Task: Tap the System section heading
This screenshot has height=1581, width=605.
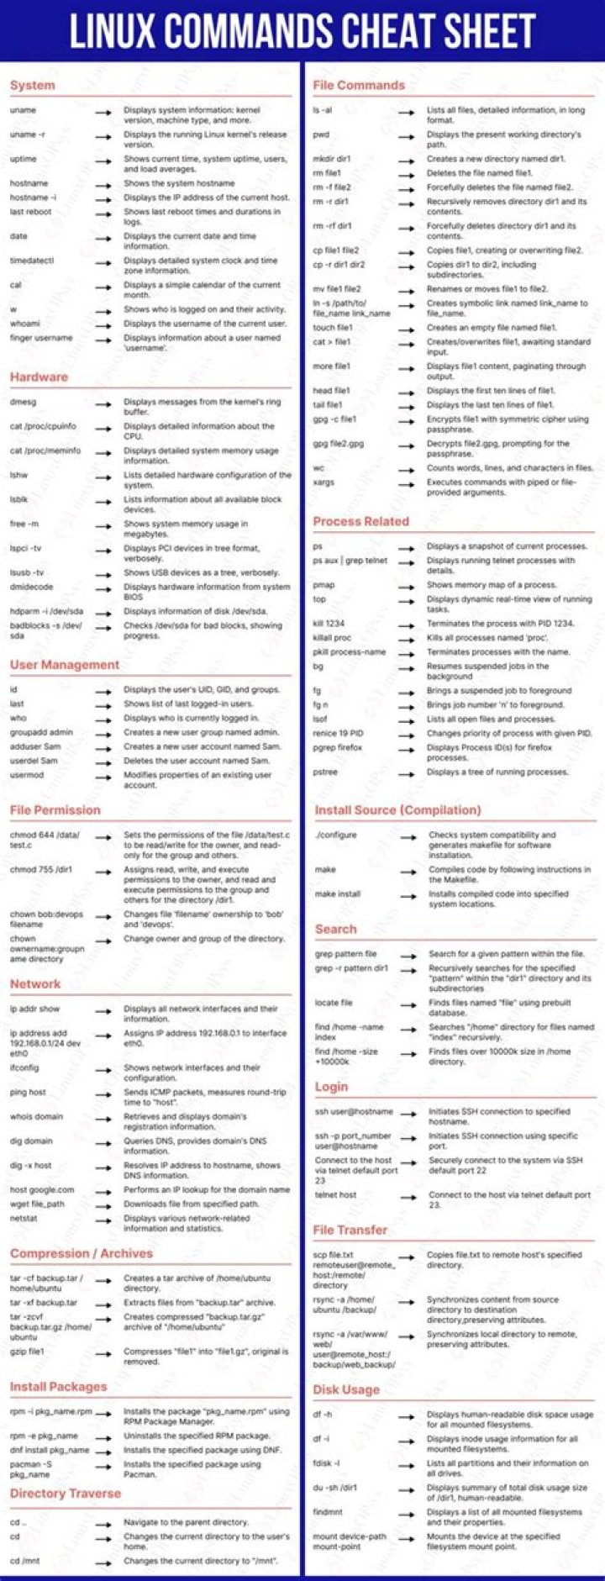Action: click(33, 85)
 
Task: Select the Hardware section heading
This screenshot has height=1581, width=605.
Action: click(39, 377)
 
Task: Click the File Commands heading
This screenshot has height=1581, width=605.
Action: click(359, 85)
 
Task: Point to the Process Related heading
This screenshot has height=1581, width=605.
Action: click(360, 521)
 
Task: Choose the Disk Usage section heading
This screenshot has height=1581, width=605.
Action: click(346, 1389)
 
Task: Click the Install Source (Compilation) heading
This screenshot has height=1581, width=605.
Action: click(397, 810)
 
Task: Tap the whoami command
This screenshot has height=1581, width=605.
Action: click(25, 323)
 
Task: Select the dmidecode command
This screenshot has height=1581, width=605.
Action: click(31, 587)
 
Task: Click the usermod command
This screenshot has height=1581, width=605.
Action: click(27, 775)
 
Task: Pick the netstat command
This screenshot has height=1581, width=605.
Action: click(24, 1218)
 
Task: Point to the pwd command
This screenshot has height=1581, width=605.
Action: click(321, 134)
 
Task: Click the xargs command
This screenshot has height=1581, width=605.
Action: click(324, 482)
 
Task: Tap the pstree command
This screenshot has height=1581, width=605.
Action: click(325, 772)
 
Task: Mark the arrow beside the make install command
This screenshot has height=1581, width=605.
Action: click(408, 895)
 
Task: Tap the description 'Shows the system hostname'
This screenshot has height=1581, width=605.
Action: click(179, 183)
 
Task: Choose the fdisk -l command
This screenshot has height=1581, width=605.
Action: click(326, 1462)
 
